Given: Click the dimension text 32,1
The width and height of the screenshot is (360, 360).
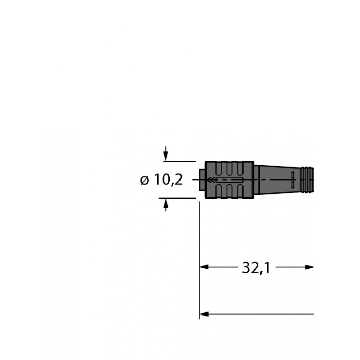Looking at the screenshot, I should [256, 268].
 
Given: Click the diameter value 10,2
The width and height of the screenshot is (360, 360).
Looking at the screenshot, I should [168, 180].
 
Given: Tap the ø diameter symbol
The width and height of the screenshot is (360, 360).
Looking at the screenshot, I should [145, 181].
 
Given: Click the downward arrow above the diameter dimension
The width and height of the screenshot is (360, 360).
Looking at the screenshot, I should [166, 156].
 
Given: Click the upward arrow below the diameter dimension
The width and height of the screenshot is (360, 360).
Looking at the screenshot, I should [166, 204].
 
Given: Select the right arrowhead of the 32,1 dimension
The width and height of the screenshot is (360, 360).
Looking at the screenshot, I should [310, 268].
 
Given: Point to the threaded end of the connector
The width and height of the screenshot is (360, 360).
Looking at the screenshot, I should [307, 180].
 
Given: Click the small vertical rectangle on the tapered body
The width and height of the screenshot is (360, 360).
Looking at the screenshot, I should [292, 180].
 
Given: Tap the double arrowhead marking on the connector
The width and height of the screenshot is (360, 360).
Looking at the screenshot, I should [211, 180].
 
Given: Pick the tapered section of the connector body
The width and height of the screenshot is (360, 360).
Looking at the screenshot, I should [275, 180].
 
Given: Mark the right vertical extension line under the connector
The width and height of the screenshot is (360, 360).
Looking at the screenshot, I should [314, 238].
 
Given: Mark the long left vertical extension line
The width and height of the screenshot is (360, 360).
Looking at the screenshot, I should [199, 254].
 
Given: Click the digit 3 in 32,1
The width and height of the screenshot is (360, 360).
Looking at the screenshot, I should [246, 268].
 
